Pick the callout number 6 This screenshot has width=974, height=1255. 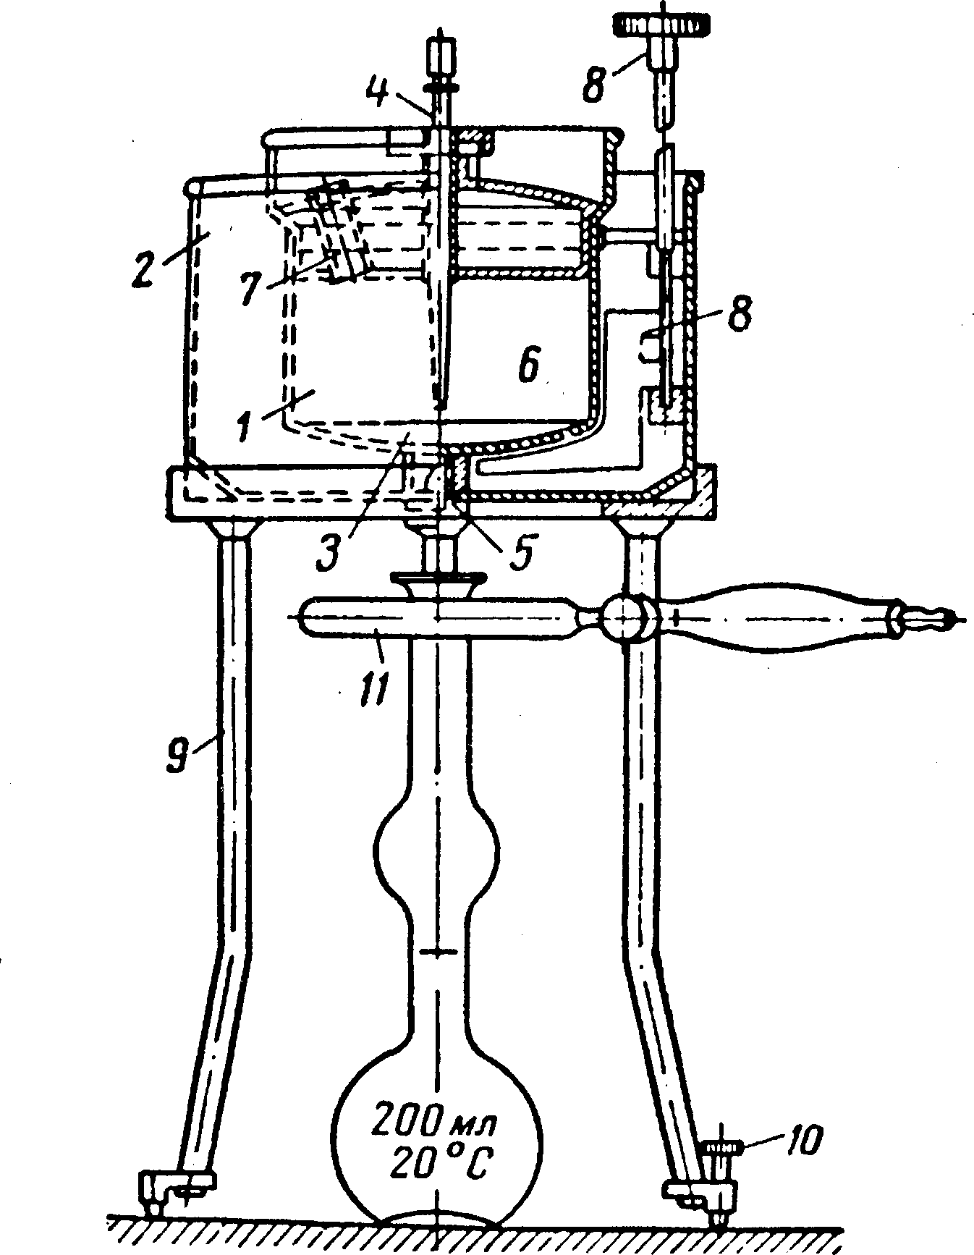528,367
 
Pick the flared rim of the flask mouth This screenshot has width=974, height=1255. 437,580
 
